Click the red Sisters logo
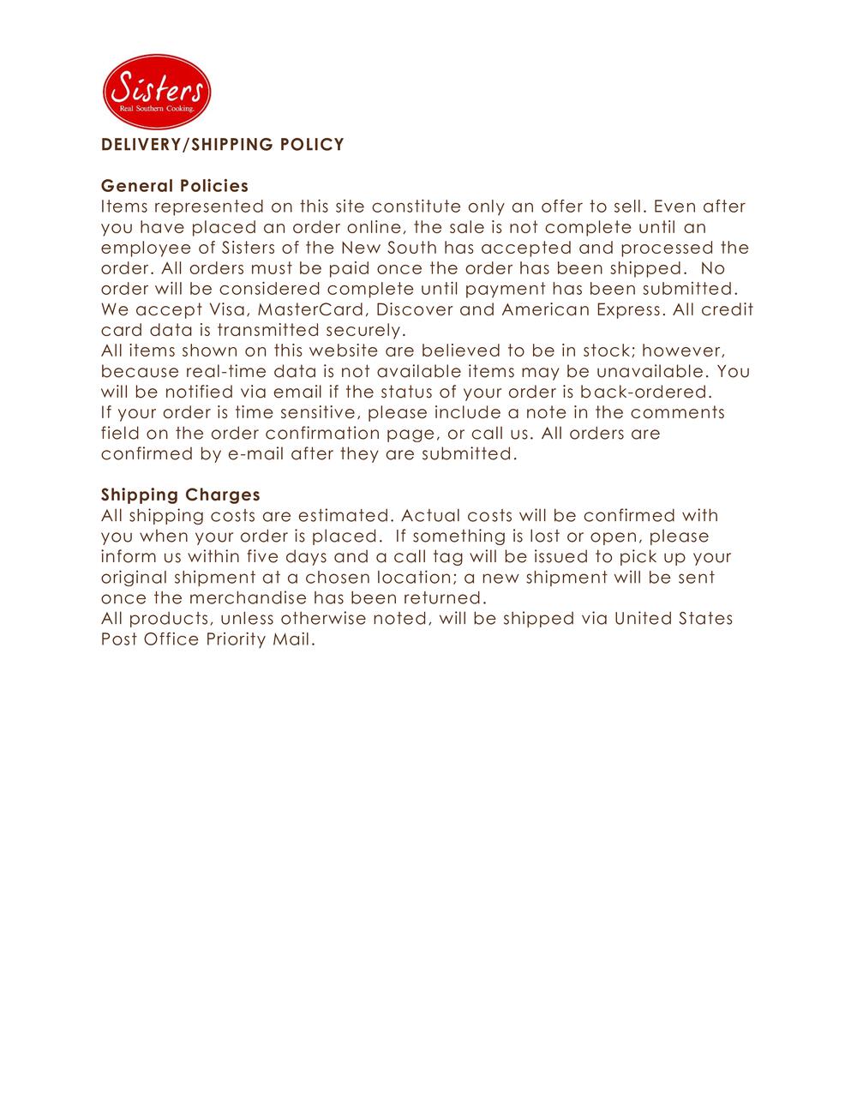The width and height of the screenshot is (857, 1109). tap(157, 92)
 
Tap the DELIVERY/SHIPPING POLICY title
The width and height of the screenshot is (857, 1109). tap(223, 145)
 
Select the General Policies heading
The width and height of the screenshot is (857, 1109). tap(175, 186)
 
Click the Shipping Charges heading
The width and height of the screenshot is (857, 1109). tap(181, 495)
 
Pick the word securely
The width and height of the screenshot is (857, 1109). tap(365, 330)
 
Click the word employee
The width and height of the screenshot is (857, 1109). tap(141, 248)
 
